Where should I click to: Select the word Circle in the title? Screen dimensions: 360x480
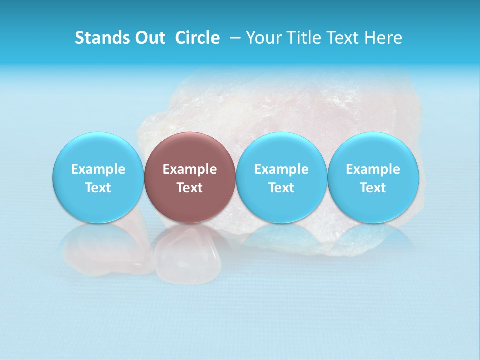(197, 38)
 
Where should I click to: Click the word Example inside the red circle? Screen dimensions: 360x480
(190, 169)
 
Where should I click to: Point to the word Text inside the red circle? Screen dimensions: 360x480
(190, 188)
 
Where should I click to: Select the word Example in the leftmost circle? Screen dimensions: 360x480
(98, 169)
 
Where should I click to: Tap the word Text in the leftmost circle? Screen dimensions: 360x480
(98, 188)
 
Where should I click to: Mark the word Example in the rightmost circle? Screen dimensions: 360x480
(373, 169)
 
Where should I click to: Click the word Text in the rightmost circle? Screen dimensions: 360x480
(373, 188)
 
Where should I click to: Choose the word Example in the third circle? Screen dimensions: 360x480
(282, 169)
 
